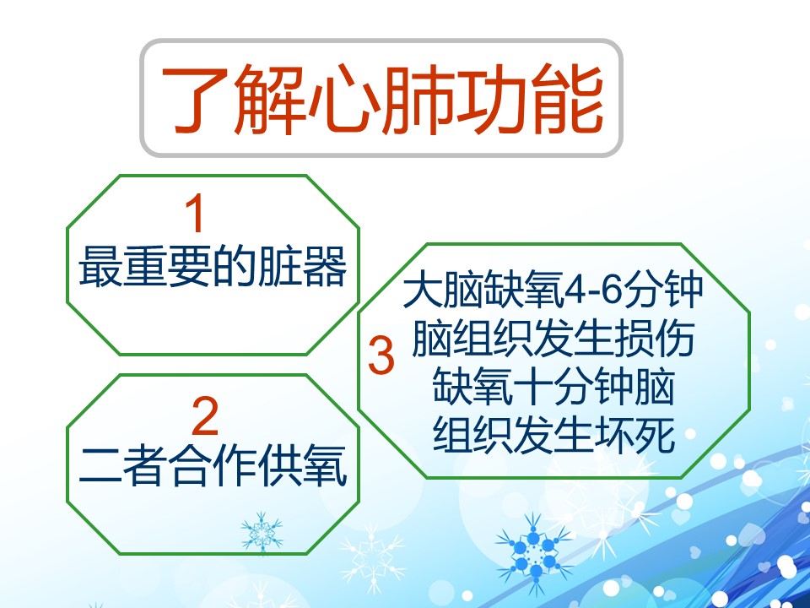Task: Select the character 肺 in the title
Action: click(418, 100)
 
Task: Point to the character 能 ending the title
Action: click(568, 100)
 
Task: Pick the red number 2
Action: click(205, 416)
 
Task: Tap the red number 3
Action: click(381, 356)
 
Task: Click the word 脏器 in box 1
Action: click(302, 267)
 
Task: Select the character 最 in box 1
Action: click(100, 267)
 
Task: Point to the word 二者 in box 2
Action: click(123, 465)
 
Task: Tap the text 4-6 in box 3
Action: click(593, 290)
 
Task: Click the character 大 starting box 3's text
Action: click(423, 290)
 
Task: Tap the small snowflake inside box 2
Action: click(262, 532)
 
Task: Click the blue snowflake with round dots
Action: click(534, 553)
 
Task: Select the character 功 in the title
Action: click(493, 100)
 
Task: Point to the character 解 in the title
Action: click(268, 100)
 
